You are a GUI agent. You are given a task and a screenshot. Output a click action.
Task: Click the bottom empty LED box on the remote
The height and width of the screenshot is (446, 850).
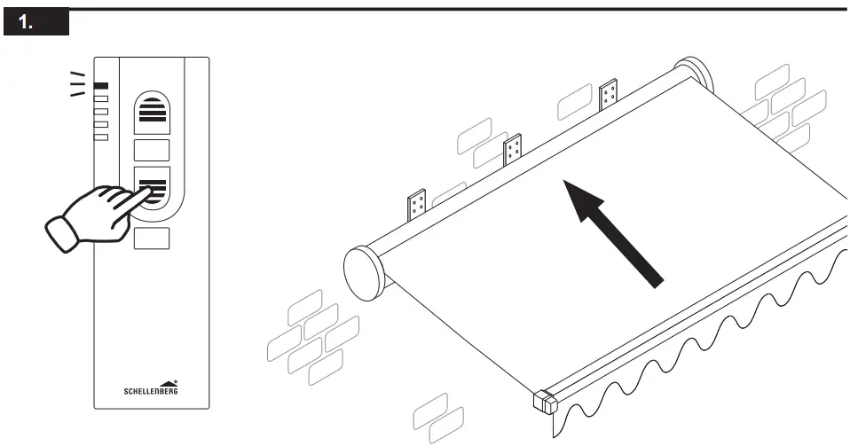click(x=101, y=137)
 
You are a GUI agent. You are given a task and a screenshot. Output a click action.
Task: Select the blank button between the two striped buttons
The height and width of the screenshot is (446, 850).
click(x=151, y=149)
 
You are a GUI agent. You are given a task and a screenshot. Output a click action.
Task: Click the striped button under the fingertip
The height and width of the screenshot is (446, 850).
click(x=152, y=186)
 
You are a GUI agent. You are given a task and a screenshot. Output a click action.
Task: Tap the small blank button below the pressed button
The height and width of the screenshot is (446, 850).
click(x=151, y=237)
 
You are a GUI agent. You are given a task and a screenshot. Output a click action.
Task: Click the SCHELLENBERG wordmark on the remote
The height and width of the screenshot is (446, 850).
click(x=150, y=389)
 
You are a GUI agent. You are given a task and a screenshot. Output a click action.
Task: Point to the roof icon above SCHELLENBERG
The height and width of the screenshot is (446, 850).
click(x=168, y=379)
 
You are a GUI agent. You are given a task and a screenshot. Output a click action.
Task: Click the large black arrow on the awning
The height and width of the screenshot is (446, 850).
click(x=616, y=231)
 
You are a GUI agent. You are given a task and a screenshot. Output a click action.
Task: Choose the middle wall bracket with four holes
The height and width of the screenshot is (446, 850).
click(x=512, y=151)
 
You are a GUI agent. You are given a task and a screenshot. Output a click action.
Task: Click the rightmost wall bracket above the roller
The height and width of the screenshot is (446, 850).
click(x=609, y=95)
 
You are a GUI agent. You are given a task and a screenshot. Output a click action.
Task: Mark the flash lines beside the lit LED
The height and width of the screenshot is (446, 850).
click(x=78, y=83)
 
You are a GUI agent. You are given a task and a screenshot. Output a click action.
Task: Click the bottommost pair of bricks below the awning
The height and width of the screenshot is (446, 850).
click(x=438, y=419)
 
